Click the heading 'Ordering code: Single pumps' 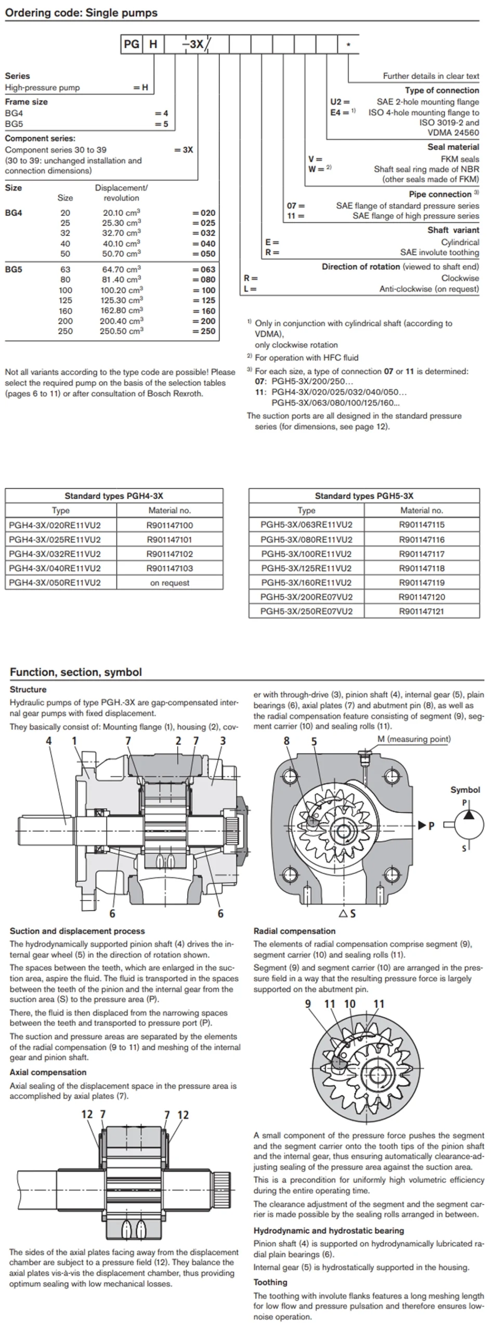click(x=81, y=13)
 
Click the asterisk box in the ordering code click(x=348, y=44)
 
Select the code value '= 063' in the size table click(x=204, y=269)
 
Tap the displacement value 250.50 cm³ click(x=122, y=331)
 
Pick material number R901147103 click(x=170, y=568)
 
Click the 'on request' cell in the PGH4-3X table click(x=170, y=583)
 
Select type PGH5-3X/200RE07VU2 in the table click(x=306, y=597)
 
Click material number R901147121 click(x=422, y=611)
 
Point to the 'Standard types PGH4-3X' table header click(x=114, y=496)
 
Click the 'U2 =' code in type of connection click(x=340, y=102)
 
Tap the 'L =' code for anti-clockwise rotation click(x=250, y=289)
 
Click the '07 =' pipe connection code click(x=296, y=205)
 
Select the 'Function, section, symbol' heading click(x=76, y=672)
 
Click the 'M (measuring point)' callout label click(x=414, y=739)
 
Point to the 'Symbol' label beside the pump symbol click(x=465, y=790)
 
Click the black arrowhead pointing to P click(x=422, y=825)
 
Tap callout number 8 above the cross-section click(x=287, y=741)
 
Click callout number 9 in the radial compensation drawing click(x=308, y=1004)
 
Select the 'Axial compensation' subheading click(x=48, y=1072)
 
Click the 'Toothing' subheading click(x=270, y=1282)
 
